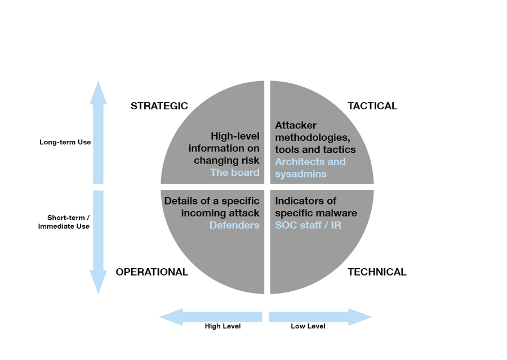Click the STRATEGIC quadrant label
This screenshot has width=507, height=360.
[x=159, y=106]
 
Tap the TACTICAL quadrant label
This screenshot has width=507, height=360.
[x=372, y=106]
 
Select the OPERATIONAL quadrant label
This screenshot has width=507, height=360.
[x=152, y=272]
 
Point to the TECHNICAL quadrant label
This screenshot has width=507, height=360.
[x=377, y=272]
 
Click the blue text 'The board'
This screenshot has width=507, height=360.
[x=235, y=172]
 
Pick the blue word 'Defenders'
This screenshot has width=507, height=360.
[x=234, y=225]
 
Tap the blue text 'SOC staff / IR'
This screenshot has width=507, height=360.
[x=308, y=225]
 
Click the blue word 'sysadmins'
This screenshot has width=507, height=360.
[x=301, y=174]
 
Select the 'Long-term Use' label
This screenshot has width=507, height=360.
[x=65, y=142]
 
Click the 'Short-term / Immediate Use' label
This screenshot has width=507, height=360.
[x=64, y=222]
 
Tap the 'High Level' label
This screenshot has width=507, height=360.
[x=223, y=326]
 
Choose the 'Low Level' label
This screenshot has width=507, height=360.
[x=308, y=326]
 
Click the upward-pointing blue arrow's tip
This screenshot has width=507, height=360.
[x=98, y=81]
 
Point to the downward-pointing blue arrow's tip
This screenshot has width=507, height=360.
[x=98, y=294]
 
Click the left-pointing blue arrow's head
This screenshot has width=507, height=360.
[x=160, y=317]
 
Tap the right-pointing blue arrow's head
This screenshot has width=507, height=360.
[x=372, y=317]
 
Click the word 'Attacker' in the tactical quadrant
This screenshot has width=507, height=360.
[x=296, y=125]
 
